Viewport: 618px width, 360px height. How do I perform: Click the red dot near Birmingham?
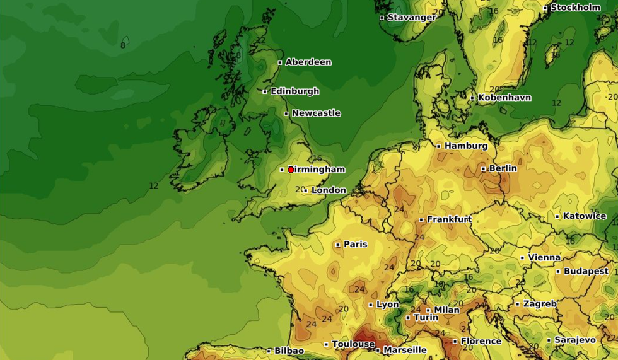291,170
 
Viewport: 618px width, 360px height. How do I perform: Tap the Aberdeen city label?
308,62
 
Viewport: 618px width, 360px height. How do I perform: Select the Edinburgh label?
294,91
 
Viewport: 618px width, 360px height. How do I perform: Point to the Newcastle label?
316,113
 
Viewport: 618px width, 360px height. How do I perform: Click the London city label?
329,190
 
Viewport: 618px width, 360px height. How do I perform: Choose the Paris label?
355,245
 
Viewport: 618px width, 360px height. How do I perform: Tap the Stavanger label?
411,17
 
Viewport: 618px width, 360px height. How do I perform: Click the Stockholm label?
575,8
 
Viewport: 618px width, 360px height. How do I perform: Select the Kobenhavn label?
504,98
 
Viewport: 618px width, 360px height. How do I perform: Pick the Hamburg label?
465,146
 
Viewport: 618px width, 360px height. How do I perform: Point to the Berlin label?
503,168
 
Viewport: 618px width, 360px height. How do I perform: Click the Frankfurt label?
449,219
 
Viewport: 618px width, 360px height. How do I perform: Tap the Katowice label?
584,216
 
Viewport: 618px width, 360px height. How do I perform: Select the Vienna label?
544,257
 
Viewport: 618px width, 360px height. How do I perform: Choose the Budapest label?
586,271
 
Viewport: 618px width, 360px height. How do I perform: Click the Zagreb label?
540,303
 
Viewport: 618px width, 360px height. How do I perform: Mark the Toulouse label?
353,344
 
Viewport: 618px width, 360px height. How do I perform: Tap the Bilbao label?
289,351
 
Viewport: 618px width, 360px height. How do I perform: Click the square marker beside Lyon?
371,305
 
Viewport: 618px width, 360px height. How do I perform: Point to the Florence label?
481,341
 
